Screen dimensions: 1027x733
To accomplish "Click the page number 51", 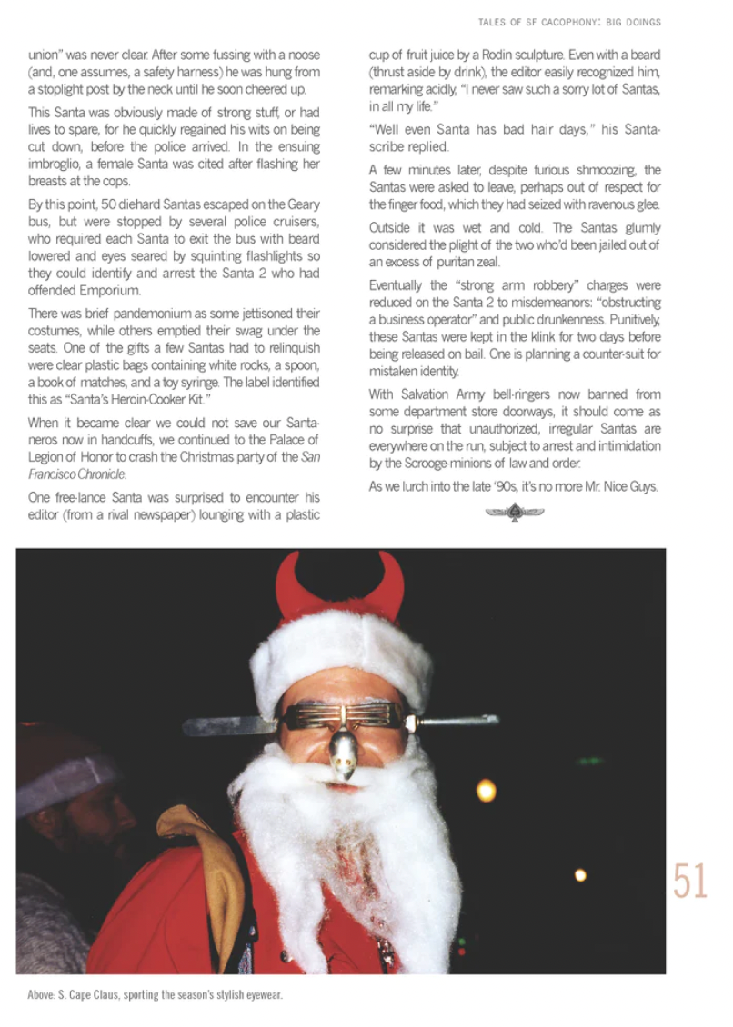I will (690, 881).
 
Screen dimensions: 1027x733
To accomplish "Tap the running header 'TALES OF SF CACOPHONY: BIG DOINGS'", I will (569, 21).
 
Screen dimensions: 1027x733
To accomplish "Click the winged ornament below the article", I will (515, 513).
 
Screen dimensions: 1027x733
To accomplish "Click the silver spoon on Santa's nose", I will (343, 753).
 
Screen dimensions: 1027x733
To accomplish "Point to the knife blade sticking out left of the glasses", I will (228, 725).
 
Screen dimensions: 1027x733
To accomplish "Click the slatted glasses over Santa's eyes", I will (345, 717).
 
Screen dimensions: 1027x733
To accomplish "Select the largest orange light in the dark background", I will (487, 790).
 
